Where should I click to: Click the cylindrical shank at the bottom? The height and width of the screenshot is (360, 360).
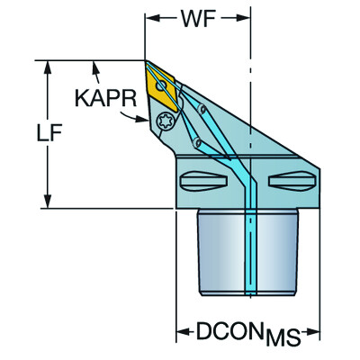(x=248, y=252)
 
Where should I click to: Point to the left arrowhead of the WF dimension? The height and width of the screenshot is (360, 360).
(x=150, y=17)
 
